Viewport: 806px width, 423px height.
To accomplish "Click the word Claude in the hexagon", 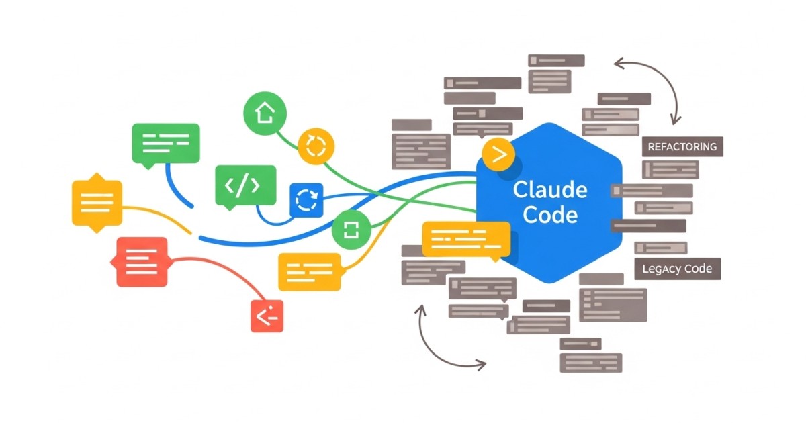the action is coord(550,190).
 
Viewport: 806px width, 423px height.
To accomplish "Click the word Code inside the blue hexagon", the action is coord(550,215).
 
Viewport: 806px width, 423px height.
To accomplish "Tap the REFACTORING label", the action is coord(682,147).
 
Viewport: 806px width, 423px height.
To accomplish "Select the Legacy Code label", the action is coord(677,269).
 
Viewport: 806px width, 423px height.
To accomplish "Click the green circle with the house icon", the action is coord(265,113).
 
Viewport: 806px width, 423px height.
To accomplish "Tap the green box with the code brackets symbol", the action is coord(246,187).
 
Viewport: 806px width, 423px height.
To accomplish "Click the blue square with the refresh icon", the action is coord(306,200).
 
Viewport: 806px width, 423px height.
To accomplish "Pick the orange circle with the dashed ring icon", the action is coord(316,147).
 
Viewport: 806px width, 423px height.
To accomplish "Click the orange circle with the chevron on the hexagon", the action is coord(498,154).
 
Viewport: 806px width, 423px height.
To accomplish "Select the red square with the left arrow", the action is coord(267,316).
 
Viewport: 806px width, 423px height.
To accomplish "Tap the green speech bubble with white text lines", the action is coord(166,145).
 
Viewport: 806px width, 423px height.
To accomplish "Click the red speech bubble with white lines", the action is coord(142,262).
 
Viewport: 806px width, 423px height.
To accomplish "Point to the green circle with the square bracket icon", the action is coord(351,230).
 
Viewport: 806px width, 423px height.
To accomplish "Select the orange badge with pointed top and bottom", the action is coord(97,203).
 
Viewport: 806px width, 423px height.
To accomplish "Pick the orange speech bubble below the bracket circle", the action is coord(310,272).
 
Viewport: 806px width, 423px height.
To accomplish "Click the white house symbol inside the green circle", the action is coord(265,113).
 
